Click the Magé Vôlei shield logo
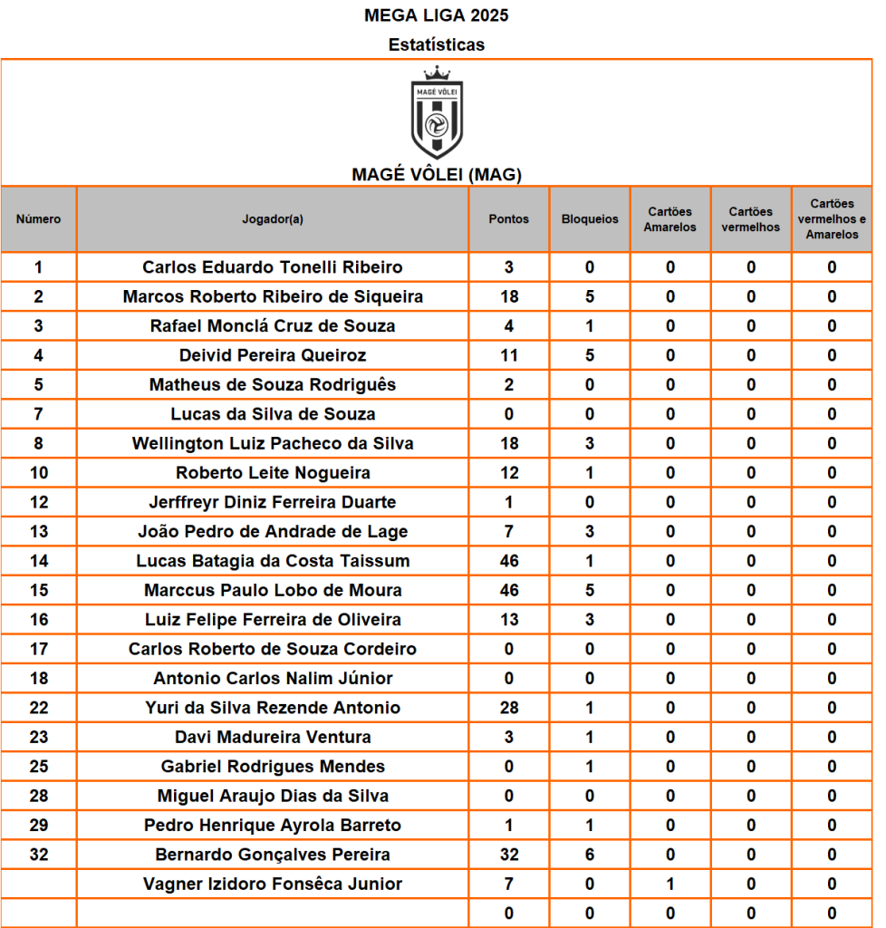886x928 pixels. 437,113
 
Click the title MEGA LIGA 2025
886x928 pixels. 437,15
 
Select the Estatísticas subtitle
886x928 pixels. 437,44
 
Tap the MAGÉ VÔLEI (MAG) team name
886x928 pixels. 437,175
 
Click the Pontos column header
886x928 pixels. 508,219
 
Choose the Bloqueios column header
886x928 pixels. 590,219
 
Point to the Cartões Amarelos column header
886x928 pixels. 670,219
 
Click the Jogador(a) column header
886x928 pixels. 273,219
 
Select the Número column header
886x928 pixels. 39,219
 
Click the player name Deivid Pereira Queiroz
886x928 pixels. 273,355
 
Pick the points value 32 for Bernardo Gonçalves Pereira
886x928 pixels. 509,855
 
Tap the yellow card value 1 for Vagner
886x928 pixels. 670,884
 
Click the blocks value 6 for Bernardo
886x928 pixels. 590,855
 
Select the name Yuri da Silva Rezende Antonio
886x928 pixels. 273,708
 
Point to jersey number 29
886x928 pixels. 39,826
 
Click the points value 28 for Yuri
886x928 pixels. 509,708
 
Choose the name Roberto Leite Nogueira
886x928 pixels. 273,473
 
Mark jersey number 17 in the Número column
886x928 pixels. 39,649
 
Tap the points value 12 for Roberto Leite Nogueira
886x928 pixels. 509,473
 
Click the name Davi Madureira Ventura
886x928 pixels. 273,737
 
